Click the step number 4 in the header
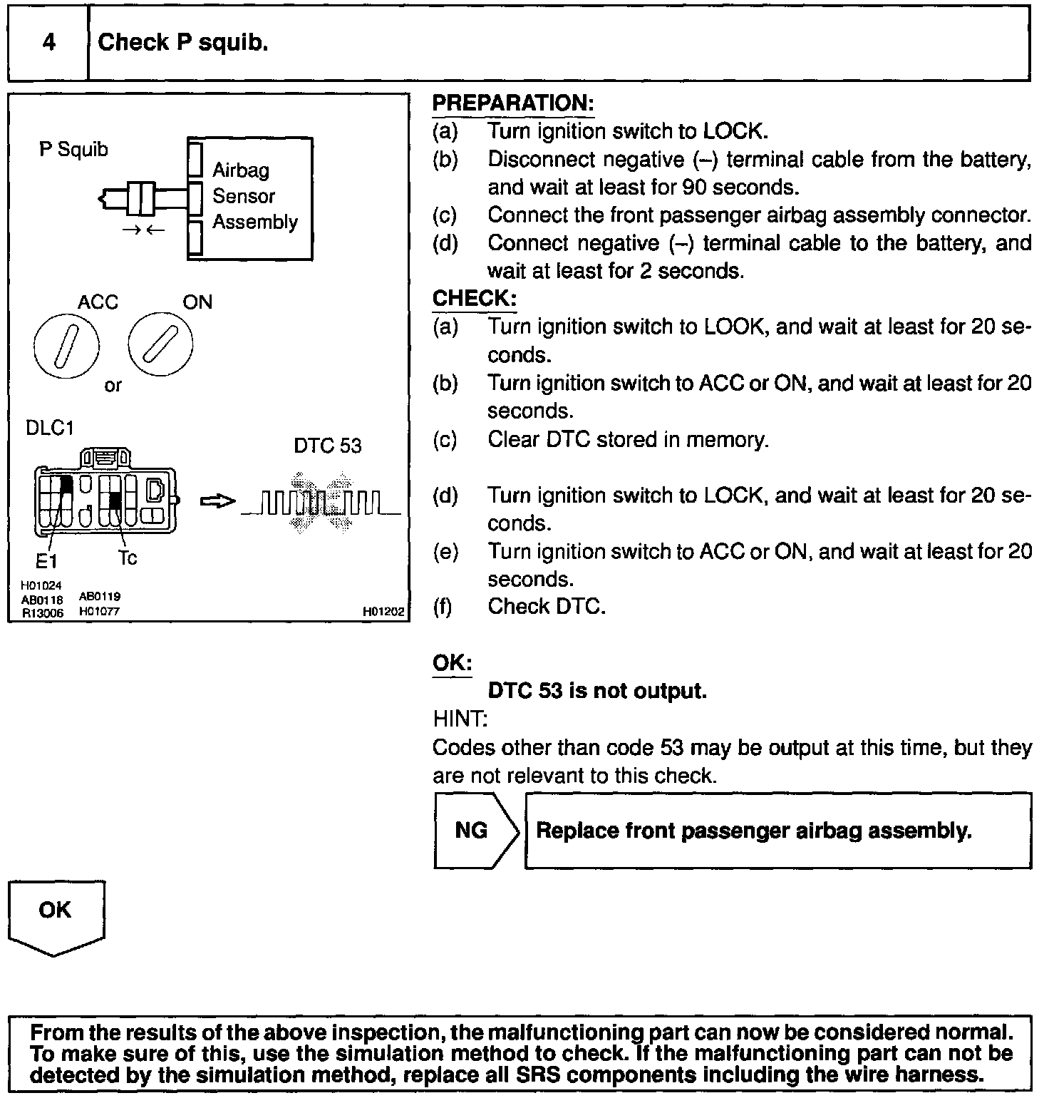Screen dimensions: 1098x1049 pyautogui.click(x=48, y=43)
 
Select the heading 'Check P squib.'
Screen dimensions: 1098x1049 pyautogui.click(x=182, y=43)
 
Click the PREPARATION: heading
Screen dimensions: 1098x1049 pyautogui.click(x=512, y=103)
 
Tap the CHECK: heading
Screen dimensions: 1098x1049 pyautogui.click(x=474, y=298)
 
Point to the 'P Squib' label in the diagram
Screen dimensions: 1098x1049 pyautogui.click(x=73, y=150)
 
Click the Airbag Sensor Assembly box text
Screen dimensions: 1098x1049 pyautogui.click(x=254, y=196)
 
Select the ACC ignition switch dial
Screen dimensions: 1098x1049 pyautogui.click(x=66, y=348)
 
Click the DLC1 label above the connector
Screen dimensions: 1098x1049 pyautogui.click(x=50, y=428)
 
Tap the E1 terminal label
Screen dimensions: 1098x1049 pyautogui.click(x=46, y=561)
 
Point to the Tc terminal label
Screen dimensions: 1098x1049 pyautogui.click(x=128, y=558)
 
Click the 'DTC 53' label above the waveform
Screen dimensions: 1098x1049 pyautogui.click(x=328, y=446)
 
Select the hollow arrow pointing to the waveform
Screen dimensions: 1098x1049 pyautogui.click(x=217, y=503)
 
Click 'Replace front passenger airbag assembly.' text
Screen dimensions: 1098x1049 pyautogui.click(x=753, y=831)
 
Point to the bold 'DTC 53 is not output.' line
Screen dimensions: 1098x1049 pyautogui.click(x=597, y=691)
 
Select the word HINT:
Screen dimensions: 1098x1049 pyautogui.click(x=460, y=719)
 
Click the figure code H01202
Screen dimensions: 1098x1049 pyautogui.click(x=383, y=612)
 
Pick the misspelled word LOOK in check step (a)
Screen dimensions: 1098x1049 pyautogui.click(x=734, y=327)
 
